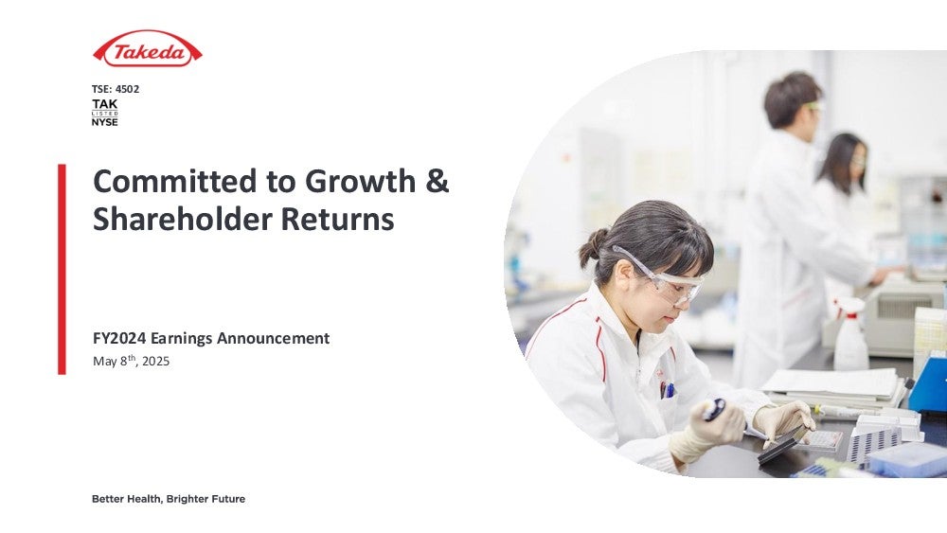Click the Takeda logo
coord(148,49)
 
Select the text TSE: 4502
coord(116,89)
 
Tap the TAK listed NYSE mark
coord(104,113)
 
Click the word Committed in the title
coord(174,181)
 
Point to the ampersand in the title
coord(437,181)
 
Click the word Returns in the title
coord(338,219)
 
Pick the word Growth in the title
coord(360,181)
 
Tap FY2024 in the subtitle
coord(119,338)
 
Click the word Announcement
coord(273,338)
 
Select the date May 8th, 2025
coord(131,361)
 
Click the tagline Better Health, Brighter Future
coord(169,499)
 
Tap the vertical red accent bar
coord(62,269)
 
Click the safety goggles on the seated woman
coord(663,277)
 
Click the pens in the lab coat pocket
coord(667,390)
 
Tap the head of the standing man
coord(793,100)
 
